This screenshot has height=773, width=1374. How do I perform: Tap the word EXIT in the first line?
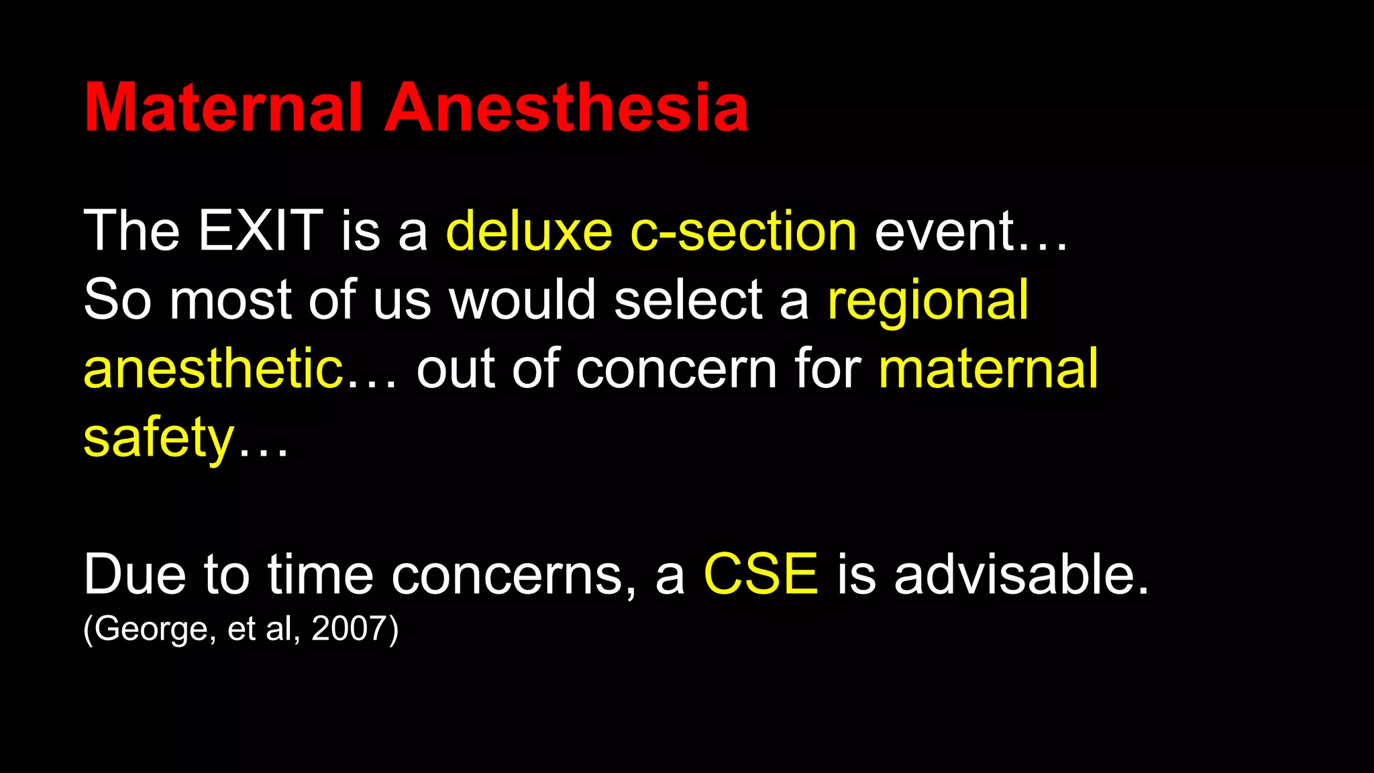(x=261, y=231)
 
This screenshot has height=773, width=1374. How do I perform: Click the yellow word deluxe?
(x=529, y=231)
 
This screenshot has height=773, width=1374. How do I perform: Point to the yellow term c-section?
(x=743, y=231)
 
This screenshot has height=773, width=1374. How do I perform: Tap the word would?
(x=522, y=300)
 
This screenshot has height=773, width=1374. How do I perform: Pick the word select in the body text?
(x=688, y=300)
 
